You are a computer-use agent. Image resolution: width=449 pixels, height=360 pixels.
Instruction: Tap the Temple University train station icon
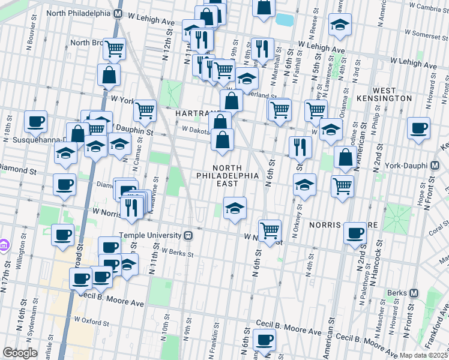click(188, 235)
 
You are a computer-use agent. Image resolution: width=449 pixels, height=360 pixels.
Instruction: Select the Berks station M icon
click(413, 293)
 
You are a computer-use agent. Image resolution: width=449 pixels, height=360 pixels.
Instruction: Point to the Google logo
click(20, 353)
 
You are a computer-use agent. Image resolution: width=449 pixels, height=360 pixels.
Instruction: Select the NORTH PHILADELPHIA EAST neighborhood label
click(228, 175)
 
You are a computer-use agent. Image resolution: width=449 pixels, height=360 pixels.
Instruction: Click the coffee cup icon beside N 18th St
click(35, 121)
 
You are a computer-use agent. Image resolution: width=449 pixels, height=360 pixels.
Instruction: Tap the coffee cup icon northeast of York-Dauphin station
click(418, 127)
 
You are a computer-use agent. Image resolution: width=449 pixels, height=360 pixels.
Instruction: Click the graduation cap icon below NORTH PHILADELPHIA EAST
click(235, 208)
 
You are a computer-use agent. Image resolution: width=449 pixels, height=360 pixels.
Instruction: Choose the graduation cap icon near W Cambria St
click(340, 24)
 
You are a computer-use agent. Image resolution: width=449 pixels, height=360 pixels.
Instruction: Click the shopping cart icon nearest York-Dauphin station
click(342, 185)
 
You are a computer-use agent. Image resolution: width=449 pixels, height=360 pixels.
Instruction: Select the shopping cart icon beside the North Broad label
click(113, 49)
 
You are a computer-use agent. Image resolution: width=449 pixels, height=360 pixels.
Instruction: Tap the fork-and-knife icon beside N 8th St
click(262, 49)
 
